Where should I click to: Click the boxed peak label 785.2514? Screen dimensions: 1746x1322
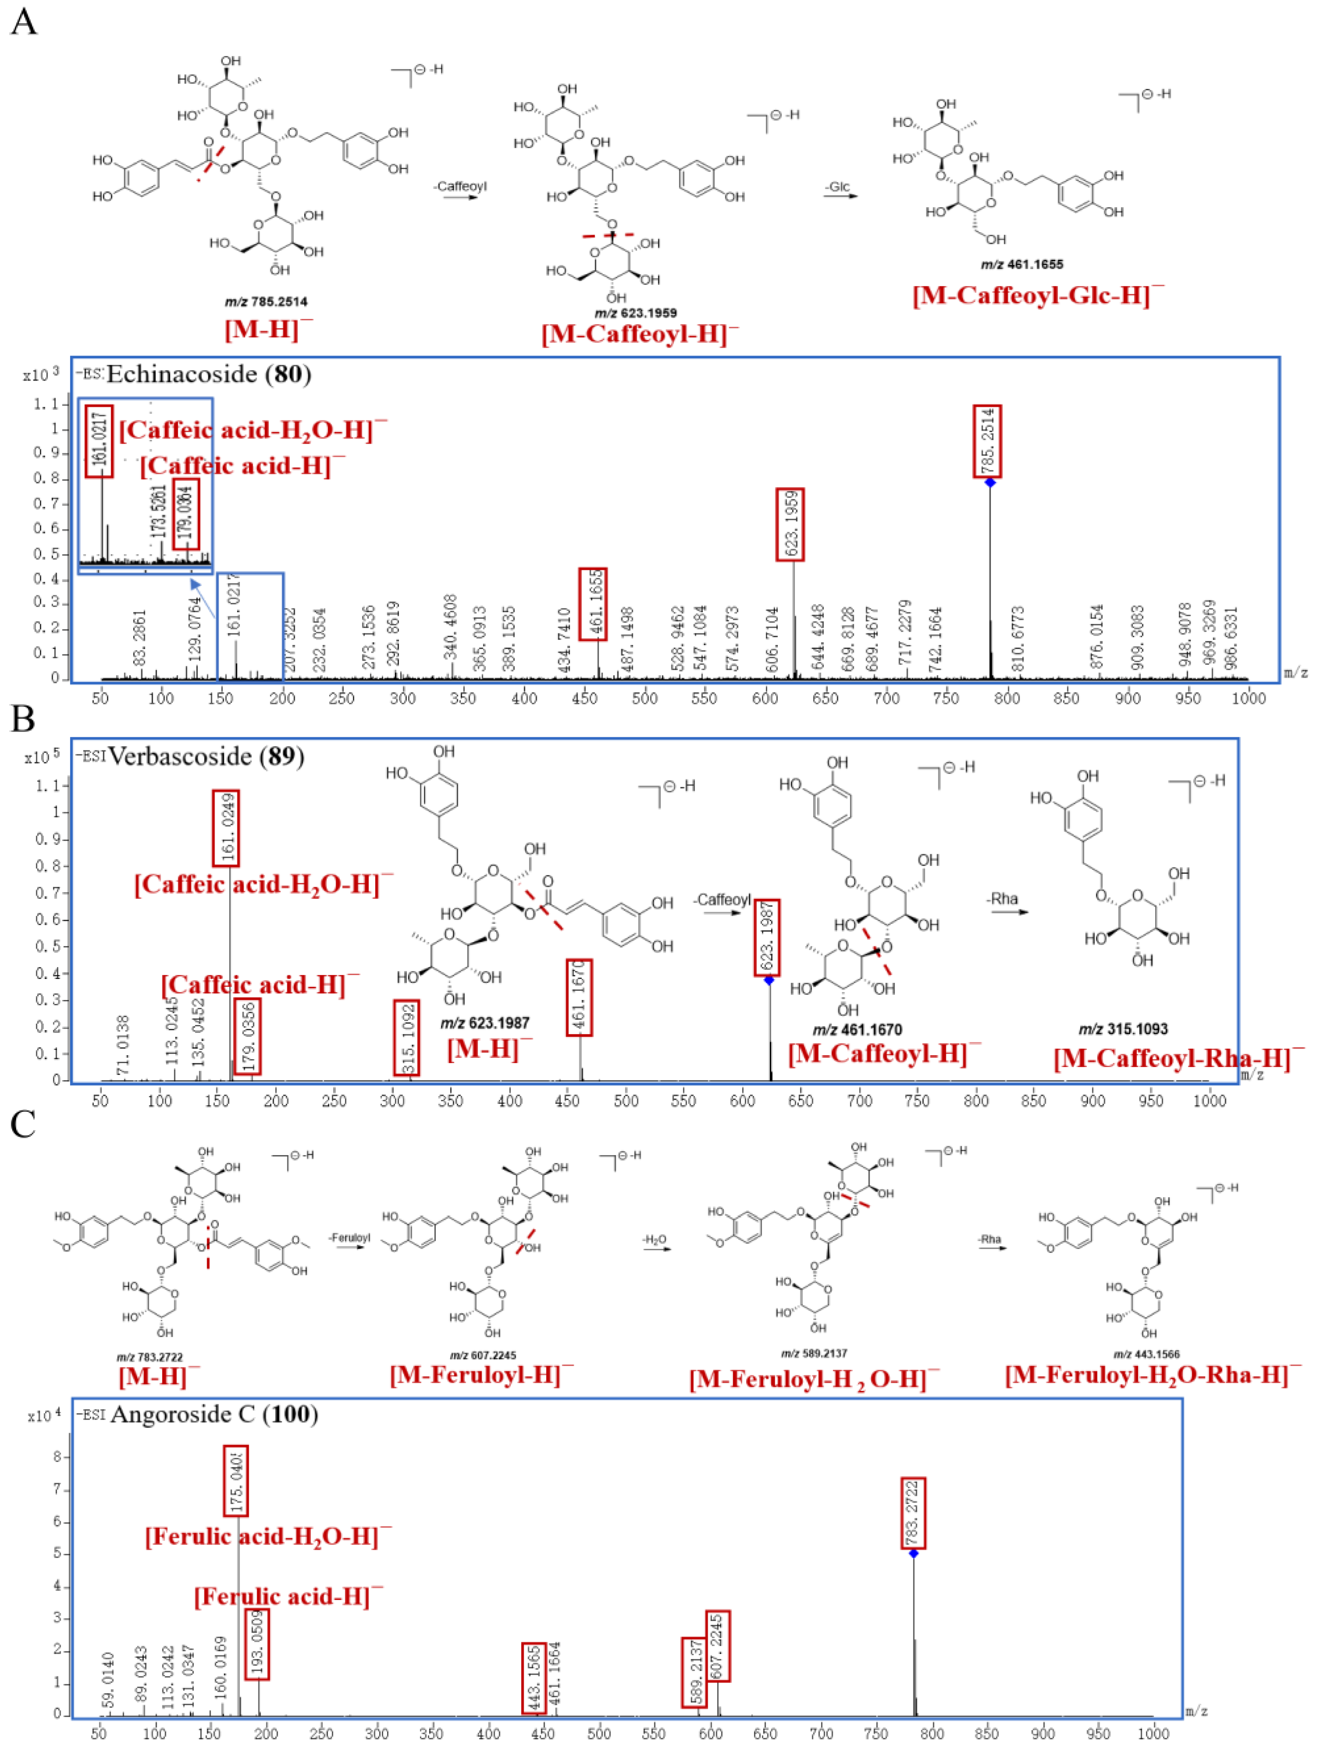(987, 441)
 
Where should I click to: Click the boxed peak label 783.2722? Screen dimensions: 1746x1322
(913, 1513)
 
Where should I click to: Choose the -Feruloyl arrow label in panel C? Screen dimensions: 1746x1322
(349, 1238)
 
